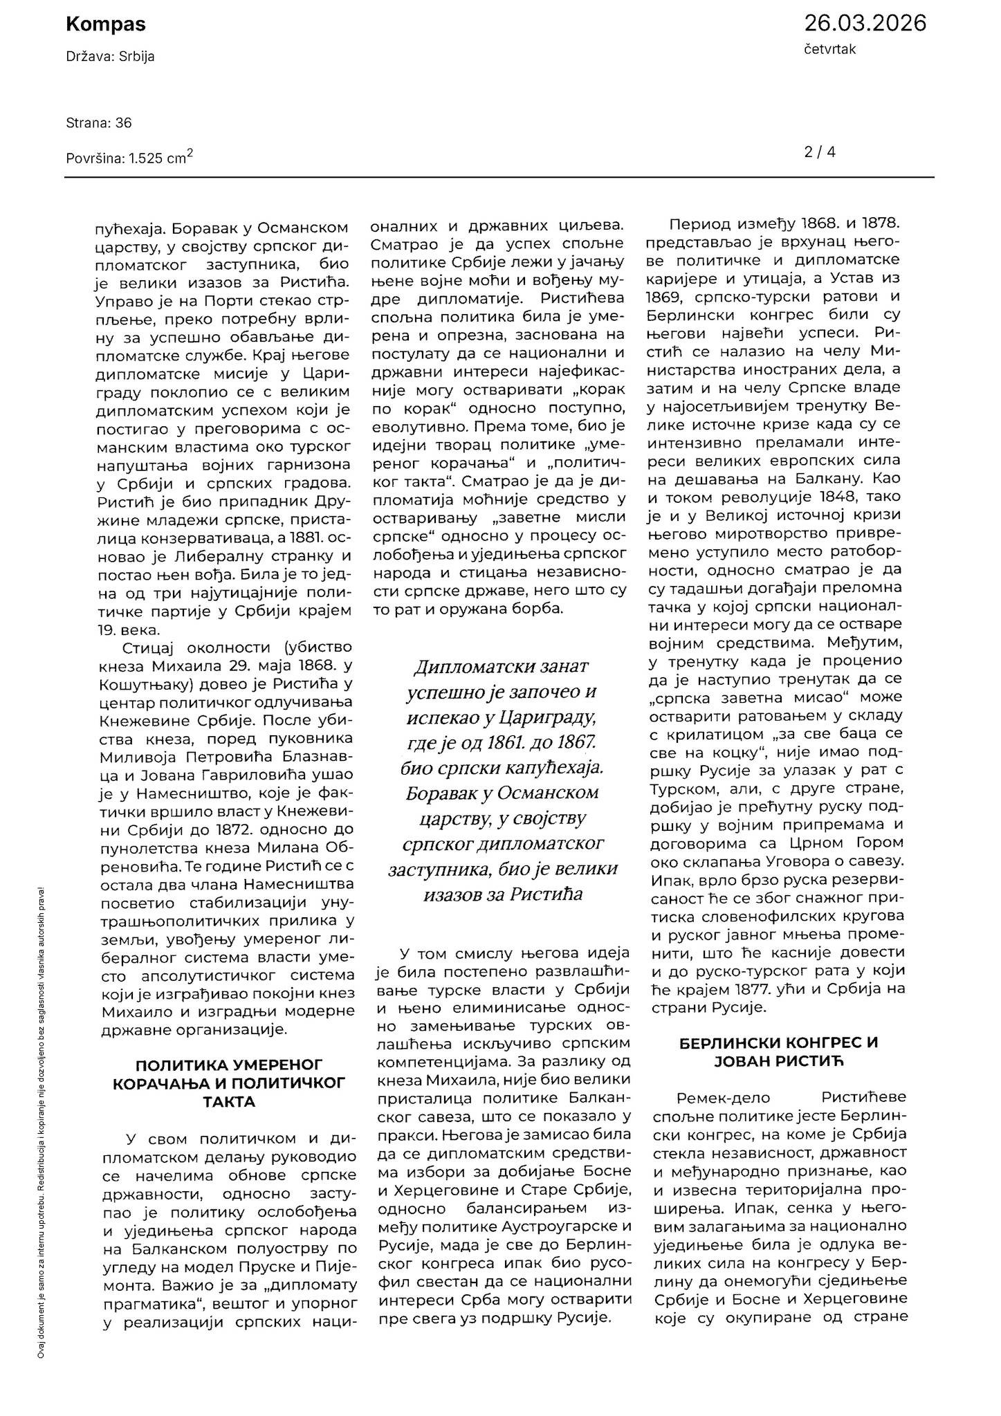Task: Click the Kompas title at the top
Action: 105,24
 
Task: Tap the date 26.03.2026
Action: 864,24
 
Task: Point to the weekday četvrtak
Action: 829,50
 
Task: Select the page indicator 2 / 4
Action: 820,151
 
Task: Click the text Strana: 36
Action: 99,123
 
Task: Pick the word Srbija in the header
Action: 137,57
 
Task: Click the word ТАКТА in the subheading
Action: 229,1102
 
